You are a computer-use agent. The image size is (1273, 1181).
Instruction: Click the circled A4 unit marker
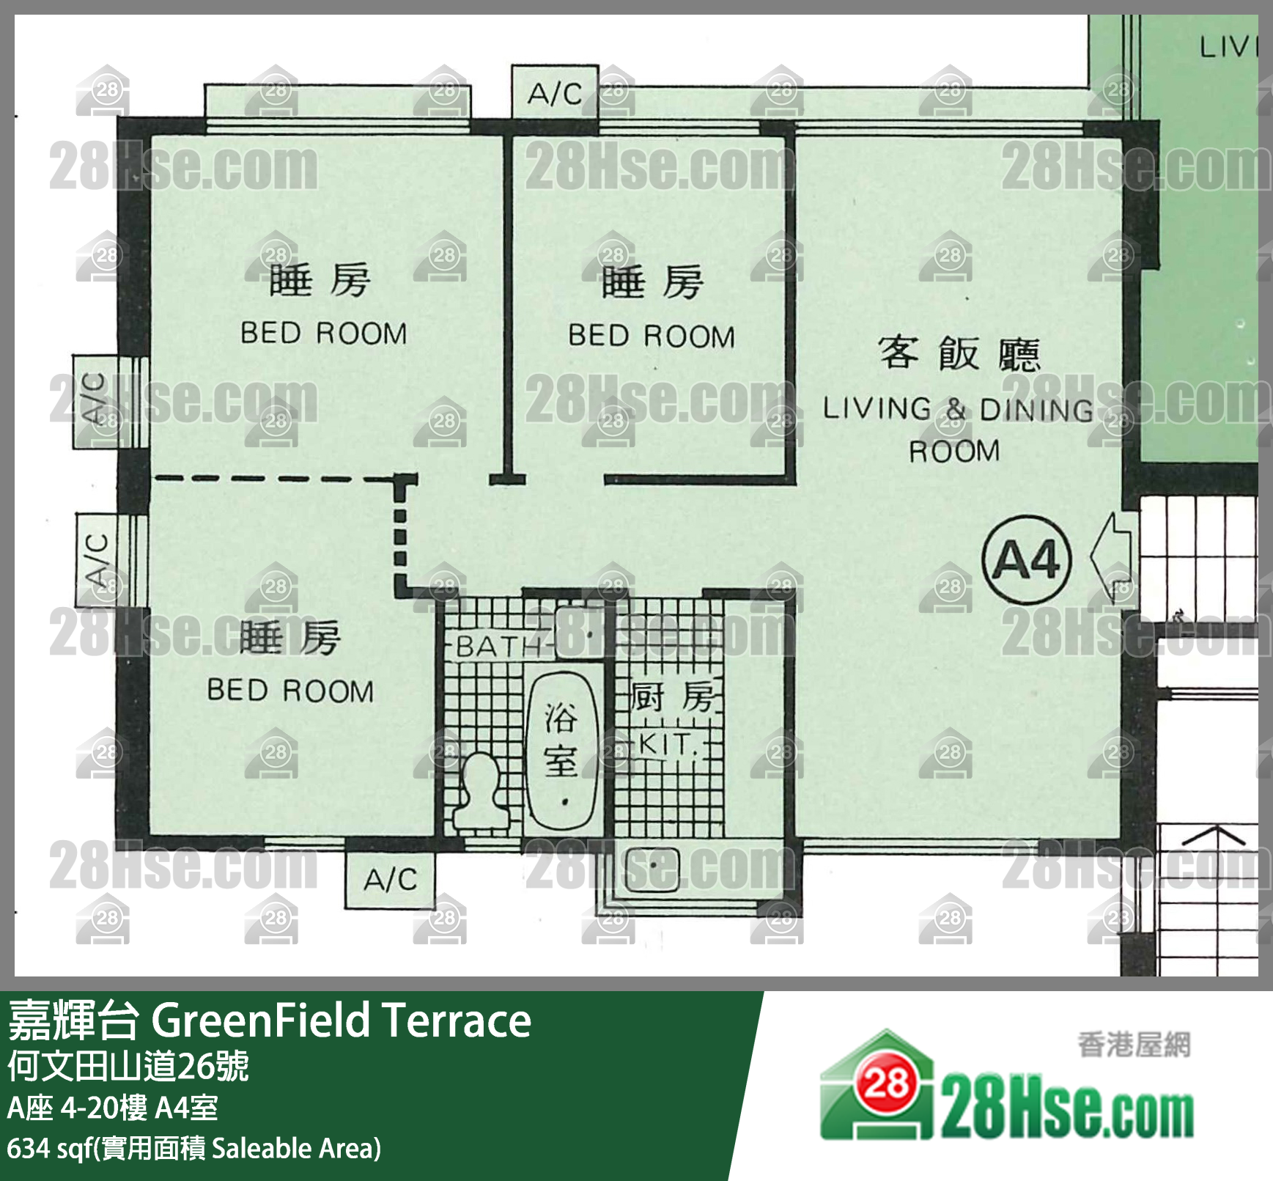[x=1026, y=559]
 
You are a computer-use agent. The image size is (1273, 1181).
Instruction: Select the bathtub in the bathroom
[x=563, y=750]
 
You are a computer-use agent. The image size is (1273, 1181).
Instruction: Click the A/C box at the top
[x=555, y=93]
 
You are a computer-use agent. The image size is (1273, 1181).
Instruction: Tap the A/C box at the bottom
[x=390, y=880]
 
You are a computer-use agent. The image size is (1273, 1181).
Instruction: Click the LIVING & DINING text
[x=957, y=409]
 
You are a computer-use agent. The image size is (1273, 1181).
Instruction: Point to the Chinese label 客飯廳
[x=959, y=353]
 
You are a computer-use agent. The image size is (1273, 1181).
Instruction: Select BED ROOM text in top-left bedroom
[x=323, y=334]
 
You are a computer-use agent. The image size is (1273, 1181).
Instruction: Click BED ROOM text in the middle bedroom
[x=652, y=336]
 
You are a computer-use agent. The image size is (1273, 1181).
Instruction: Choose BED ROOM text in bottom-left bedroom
[x=290, y=691]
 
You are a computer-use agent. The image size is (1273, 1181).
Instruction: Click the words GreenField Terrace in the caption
[x=341, y=1020]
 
